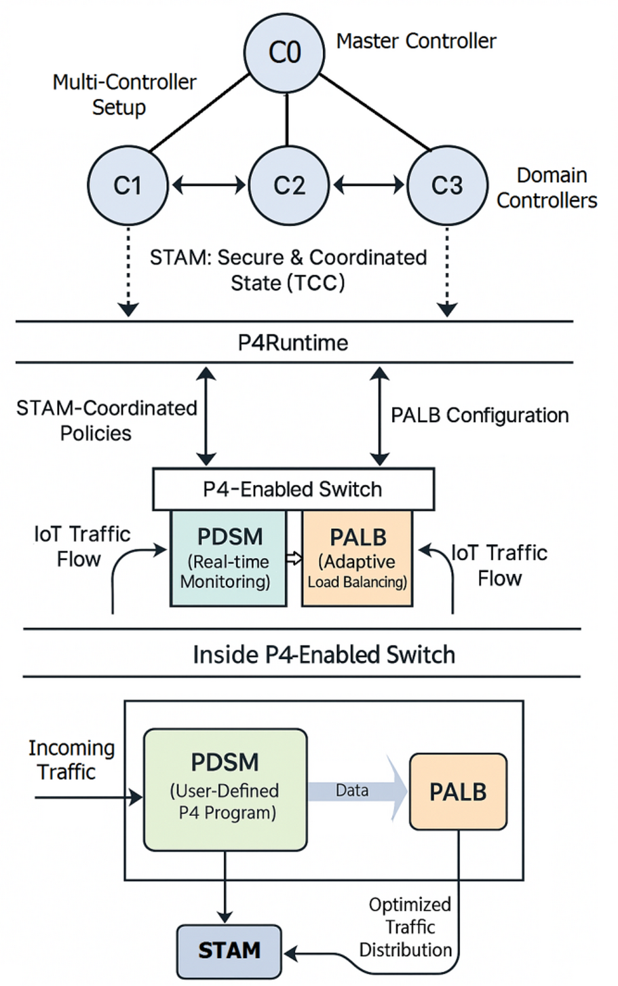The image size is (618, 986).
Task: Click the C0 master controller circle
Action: click(284, 52)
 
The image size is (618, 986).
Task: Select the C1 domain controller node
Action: click(128, 185)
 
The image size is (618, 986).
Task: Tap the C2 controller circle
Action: click(288, 185)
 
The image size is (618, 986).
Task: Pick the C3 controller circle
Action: click(447, 185)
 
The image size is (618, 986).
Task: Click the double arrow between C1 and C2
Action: click(208, 184)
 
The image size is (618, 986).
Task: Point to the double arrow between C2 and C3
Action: click(368, 184)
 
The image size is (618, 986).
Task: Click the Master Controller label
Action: click(416, 41)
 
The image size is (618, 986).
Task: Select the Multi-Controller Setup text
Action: click(124, 94)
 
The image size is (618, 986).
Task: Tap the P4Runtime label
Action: click(293, 343)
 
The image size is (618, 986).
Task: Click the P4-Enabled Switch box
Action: click(293, 489)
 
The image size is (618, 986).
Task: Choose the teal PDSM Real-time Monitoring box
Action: click(229, 558)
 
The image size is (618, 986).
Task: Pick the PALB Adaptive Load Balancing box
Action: click(358, 558)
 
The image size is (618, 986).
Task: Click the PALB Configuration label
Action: click(480, 415)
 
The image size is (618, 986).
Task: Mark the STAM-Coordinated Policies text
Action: click(107, 420)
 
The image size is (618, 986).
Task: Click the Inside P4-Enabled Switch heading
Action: click(324, 654)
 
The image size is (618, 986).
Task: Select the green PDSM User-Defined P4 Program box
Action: click(225, 789)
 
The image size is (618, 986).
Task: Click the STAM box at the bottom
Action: click(229, 951)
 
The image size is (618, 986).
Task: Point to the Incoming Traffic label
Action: click(71, 759)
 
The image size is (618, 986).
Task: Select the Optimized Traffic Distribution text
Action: click(408, 927)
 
